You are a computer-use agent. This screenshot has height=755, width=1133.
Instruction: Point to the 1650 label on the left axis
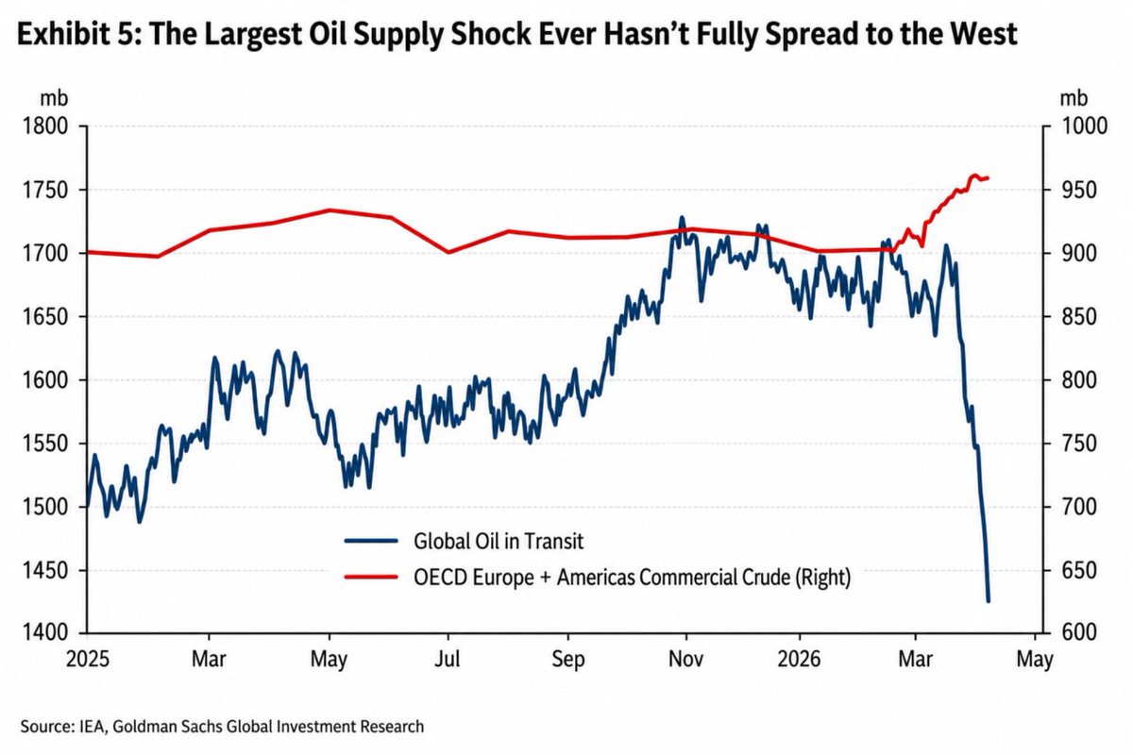click(45, 317)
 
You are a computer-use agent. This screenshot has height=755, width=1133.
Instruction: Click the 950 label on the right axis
click(1079, 190)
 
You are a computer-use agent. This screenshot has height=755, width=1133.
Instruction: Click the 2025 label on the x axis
click(88, 660)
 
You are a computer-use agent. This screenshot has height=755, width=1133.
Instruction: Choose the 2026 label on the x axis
click(799, 660)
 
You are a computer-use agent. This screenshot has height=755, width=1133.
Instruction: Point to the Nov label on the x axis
click(685, 660)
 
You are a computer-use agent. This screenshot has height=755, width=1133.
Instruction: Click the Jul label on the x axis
click(448, 660)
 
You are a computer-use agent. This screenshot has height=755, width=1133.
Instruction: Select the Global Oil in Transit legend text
click(499, 541)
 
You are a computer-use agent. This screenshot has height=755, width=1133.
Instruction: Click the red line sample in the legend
click(371, 577)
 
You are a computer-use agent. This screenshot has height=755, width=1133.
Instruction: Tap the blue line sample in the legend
click(371, 541)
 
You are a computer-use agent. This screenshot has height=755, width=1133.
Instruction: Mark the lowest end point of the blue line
click(989, 601)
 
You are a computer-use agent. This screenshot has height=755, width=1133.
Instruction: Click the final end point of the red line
click(988, 177)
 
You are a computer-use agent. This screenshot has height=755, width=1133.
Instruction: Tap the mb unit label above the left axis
click(54, 98)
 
